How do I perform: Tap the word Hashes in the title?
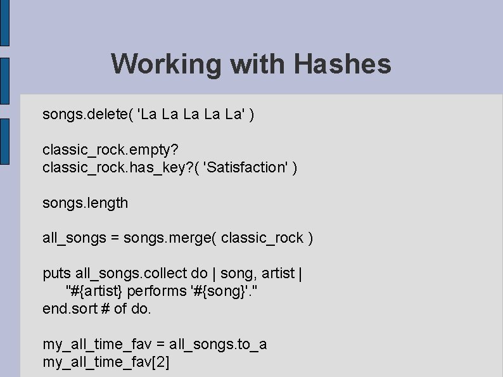(x=342, y=64)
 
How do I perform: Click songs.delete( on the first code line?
(x=87, y=115)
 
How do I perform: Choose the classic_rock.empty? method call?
(x=110, y=150)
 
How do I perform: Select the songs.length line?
(x=85, y=203)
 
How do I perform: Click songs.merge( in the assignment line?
(x=161, y=238)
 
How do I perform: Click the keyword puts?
(x=56, y=274)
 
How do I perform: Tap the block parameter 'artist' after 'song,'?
(x=277, y=274)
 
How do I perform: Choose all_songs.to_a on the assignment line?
(x=218, y=344)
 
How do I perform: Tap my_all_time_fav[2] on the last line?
(x=106, y=362)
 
